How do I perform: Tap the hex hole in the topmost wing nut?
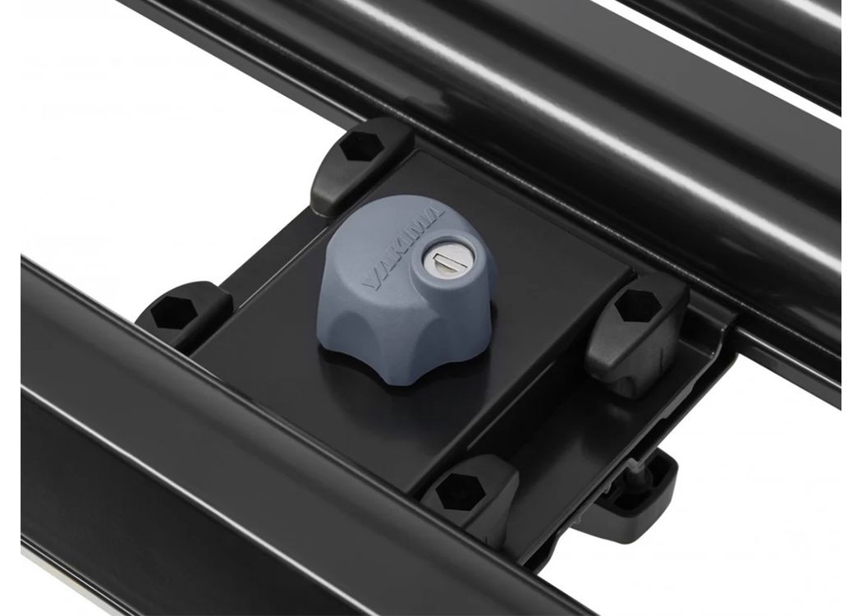tap(360, 146)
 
